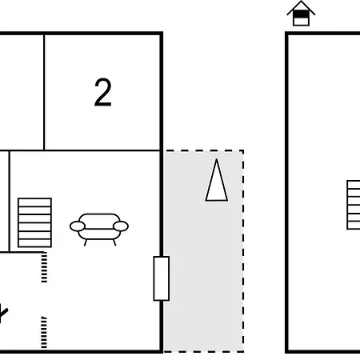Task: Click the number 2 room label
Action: click(103, 92)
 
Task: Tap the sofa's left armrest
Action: click(78, 226)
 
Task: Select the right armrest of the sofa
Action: click(121, 226)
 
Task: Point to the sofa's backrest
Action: click(99, 221)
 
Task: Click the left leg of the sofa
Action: click(86, 242)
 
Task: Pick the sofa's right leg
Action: click(114, 242)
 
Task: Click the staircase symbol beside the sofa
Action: click(34, 222)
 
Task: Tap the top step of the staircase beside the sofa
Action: click(34, 202)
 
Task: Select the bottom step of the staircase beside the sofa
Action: click(34, 243)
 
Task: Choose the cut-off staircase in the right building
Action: click(354, 205)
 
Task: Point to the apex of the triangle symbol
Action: click(217, 159)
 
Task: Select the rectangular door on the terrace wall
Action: click(162, 278)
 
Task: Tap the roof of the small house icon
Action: click(301, 8)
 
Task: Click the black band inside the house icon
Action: click(301, 14)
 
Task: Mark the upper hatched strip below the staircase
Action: click(44, 267)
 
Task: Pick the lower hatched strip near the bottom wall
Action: click(44, 332)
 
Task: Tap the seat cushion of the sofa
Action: click(99, 234)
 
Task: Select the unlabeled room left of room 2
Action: click(22, 92)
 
